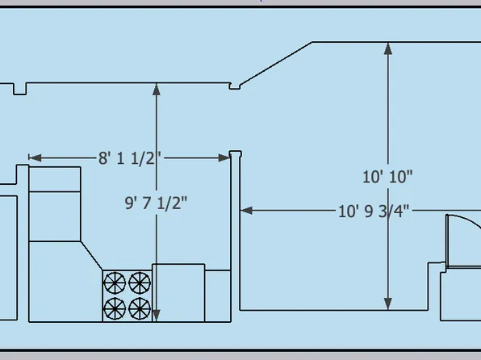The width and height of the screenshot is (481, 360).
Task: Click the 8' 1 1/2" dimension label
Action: pos(129,158)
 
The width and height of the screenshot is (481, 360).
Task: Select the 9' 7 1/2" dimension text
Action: pos(156,203)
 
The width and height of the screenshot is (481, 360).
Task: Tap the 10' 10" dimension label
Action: pos(387,177)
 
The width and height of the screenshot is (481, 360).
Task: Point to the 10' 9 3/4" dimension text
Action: pos(374,211)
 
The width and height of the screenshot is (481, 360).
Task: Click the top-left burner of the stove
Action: pos(115,283)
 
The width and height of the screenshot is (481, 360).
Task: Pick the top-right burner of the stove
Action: pos(140,283)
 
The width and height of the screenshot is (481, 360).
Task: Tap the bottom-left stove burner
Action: pos(115,308)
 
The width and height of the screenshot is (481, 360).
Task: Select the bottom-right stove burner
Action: pos(140,308)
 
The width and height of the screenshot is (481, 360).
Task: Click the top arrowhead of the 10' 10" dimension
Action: pos(388,48)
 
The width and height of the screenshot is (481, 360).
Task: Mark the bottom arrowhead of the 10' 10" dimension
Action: pos(388,303)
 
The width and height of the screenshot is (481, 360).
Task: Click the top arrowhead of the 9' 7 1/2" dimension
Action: pos(157,90)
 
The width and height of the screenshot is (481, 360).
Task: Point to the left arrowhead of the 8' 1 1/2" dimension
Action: pos(35,157)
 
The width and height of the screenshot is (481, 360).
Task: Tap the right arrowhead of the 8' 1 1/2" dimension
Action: pos(224,157)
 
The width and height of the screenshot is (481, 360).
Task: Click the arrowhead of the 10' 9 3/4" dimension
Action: pos(246,211)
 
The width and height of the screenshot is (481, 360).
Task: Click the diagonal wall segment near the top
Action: pos(276,63)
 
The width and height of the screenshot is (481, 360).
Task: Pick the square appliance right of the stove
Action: pos(178,292)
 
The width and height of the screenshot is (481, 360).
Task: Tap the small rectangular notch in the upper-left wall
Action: pos(19,89)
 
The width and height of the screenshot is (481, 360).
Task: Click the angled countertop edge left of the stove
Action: pos(91,256)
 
